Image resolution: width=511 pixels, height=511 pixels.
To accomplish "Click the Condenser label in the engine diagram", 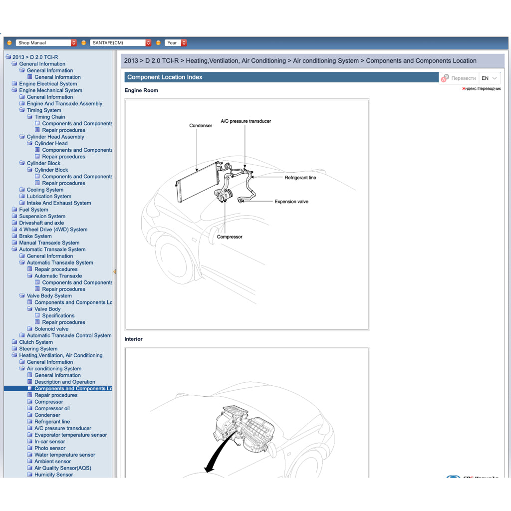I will point(201,126).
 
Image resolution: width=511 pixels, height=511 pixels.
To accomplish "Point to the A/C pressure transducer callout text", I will point(246,121).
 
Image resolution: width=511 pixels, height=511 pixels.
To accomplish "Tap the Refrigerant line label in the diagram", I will point(300,178).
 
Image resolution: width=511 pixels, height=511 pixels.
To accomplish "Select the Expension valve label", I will point(291,202).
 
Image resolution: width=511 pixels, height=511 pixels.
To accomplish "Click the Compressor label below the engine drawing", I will point(230,237).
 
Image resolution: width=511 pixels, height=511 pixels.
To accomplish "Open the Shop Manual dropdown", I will point(46,43).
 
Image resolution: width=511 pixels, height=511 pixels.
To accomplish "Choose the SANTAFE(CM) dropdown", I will point(120,43).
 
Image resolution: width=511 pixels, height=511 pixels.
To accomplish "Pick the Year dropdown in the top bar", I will point(176,43).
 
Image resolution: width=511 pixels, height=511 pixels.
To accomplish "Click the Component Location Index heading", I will point(165,77).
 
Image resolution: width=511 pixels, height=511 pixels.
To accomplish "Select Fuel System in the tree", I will point(33,210).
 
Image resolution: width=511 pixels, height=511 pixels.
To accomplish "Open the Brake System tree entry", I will point(35,236).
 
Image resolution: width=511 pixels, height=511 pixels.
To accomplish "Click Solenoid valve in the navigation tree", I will point(51,329).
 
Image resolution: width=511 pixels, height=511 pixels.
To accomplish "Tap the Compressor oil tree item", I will point(52,408).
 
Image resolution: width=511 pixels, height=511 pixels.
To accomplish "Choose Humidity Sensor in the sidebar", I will point(53,475).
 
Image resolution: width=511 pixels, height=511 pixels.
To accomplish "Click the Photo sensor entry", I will point(50,448).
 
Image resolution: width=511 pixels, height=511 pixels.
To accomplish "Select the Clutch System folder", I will point(35,342).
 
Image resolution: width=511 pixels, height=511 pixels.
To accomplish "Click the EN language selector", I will point(489,78).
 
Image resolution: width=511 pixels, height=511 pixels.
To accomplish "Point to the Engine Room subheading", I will point(141,90).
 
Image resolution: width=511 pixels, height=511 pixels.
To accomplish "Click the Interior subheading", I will point(133,339).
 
